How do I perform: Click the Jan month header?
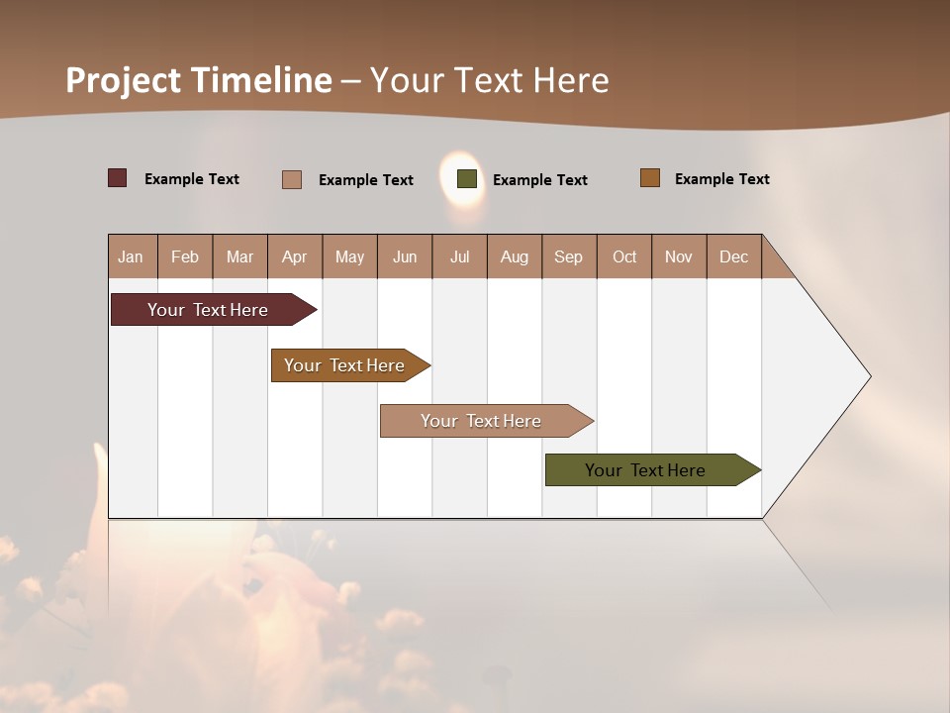132,256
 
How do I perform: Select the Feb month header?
185,256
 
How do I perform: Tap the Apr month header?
295,256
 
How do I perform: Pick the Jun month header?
405,256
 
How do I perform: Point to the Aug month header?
515,256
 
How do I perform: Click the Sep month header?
569,256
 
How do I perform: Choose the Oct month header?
624,256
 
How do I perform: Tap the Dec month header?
734,256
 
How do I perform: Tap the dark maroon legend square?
118,178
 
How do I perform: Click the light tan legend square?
292,179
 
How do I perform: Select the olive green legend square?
467,179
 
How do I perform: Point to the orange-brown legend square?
650,178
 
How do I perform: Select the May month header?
349,256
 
